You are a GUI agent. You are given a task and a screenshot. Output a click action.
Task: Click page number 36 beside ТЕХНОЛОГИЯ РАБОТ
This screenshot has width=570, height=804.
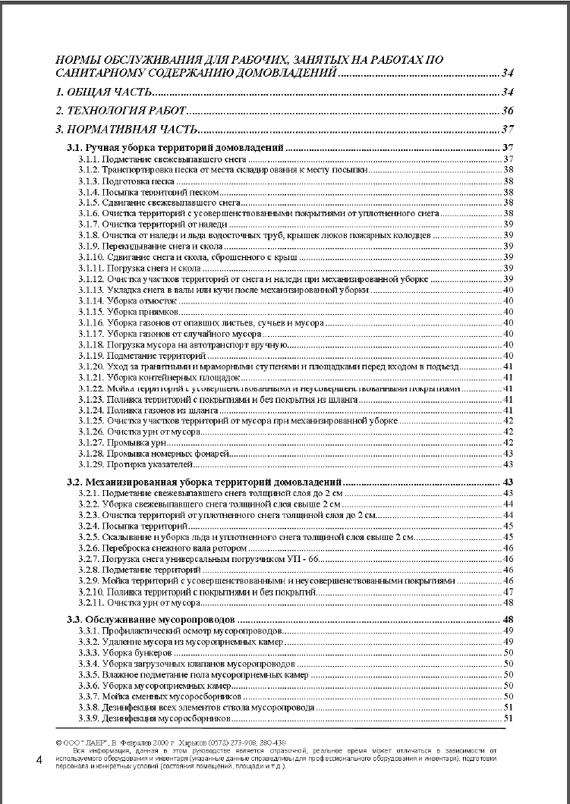click(509, 111)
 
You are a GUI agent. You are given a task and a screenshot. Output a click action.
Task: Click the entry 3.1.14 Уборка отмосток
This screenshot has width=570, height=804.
click(126, 301)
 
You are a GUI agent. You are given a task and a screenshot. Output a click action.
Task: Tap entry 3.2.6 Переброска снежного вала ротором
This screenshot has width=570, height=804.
click(162, 548)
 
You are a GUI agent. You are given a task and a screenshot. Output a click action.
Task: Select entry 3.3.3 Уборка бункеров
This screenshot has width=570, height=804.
click(124, 652)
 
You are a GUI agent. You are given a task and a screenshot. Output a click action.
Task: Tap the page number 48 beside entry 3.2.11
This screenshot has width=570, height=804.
click(509, 602)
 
